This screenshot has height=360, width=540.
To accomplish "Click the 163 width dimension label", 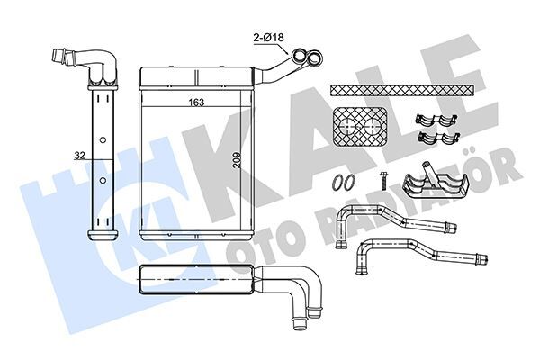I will (194, 102).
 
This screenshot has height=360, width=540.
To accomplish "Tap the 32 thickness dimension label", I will (79, 155).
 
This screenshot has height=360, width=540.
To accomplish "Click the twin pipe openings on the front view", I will (307, 59).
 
